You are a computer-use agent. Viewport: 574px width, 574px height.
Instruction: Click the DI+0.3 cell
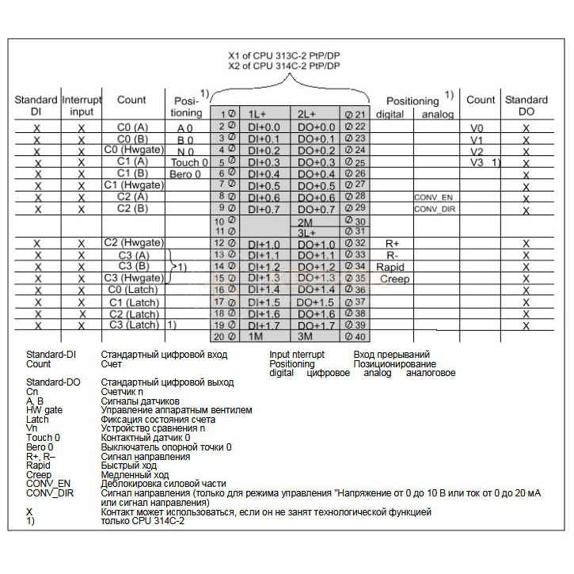click(264, 162)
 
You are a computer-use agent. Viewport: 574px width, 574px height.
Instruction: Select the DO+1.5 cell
click(317, 302)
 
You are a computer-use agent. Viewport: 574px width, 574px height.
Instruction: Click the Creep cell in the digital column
click(393, 279)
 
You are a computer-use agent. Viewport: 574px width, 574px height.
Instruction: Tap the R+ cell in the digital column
click(391, 243)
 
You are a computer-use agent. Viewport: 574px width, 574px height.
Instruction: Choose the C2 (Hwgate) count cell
click(132, 242)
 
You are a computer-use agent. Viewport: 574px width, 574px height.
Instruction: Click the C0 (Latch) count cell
click(132, 290)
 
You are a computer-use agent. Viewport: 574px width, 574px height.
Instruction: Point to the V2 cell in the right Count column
click(476, 150)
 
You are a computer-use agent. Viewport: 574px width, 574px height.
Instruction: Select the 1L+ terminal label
click(256, 113)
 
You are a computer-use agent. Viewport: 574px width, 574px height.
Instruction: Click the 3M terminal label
click(307, 336)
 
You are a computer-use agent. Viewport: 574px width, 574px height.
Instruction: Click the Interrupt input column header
click(82, 105)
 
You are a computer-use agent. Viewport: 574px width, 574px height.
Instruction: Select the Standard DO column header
click(526, 105)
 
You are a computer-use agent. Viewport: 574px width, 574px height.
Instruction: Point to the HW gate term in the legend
click(44, 410)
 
